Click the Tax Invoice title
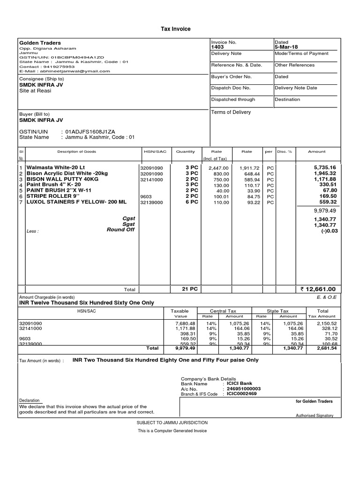(176, 29)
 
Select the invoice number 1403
(218, 47)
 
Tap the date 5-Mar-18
(286, 47)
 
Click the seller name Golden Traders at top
(40, 43)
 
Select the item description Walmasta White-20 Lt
(56, 167)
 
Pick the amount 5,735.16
(325, 167)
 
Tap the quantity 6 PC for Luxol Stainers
(192, 202)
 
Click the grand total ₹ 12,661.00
(318, 289)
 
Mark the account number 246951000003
(244, 389)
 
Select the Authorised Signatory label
(314, 415)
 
